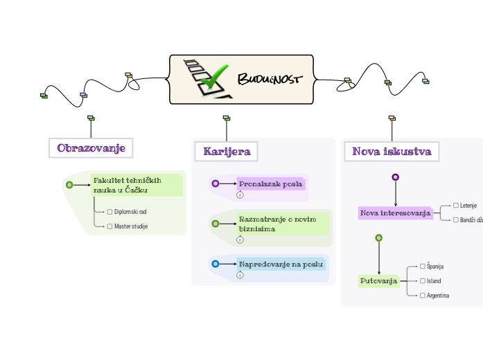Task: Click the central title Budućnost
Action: [270, 78]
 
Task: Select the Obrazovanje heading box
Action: [90, 148]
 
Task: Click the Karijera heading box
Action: [226, 151]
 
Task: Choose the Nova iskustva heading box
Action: [392, 151]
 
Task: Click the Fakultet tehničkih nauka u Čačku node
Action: [137, 185]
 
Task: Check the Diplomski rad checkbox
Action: [109, 211]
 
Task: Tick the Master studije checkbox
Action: [109, 226]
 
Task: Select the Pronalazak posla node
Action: [271, 183]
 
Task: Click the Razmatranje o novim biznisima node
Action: [282, 224]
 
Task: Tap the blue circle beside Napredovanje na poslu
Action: [215, 264]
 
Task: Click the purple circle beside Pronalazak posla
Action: [215, 183]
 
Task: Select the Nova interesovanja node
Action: [395, 213]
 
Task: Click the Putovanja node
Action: [379, 280]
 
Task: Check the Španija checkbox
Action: [423, 266]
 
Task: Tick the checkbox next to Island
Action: [423, 280]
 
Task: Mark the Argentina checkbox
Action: [423, 295]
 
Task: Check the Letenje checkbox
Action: [455, 205]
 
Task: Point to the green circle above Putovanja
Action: [378, 237]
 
